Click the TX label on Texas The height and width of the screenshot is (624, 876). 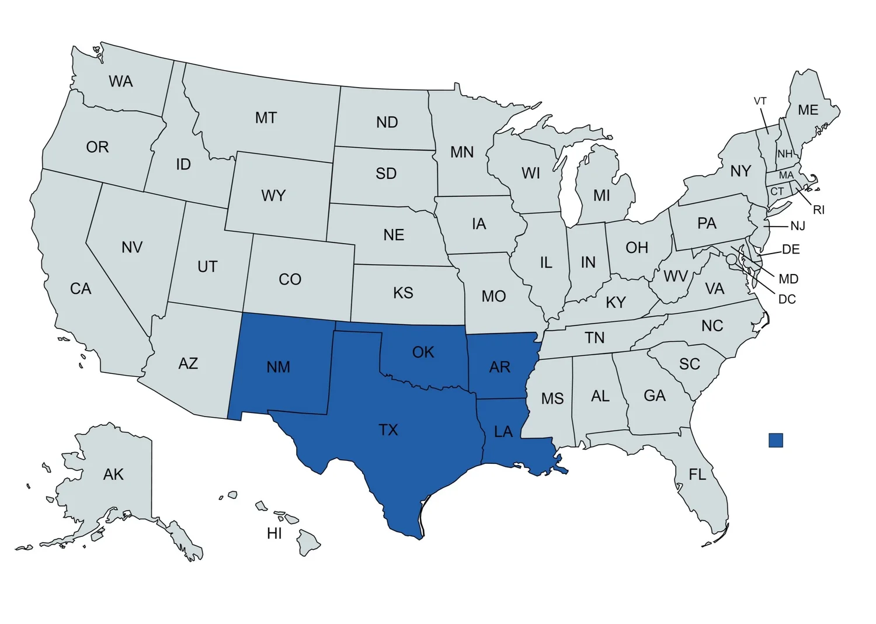388,430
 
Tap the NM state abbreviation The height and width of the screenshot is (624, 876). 279,367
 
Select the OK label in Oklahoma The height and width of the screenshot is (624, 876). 423,352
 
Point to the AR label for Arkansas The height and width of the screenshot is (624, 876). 500,367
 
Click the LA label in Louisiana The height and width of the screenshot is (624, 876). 503,432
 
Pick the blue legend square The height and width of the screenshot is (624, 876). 776,440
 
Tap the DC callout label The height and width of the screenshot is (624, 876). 787,299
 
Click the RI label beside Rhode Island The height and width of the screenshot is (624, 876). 819,210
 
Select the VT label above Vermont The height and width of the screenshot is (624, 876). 760,101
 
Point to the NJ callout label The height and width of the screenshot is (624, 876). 797,226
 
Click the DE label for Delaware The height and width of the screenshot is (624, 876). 791,249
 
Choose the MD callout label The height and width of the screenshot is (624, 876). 788,279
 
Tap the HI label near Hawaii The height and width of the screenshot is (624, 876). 274,533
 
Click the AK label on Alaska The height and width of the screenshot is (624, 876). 113,474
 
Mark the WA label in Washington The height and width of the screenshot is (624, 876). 121,82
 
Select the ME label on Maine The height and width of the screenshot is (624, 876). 808,110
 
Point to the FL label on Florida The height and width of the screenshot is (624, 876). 697,474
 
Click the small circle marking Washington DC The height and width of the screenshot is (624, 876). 731,259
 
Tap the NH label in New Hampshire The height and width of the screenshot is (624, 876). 785,154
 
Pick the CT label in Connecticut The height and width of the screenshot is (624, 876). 777,191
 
